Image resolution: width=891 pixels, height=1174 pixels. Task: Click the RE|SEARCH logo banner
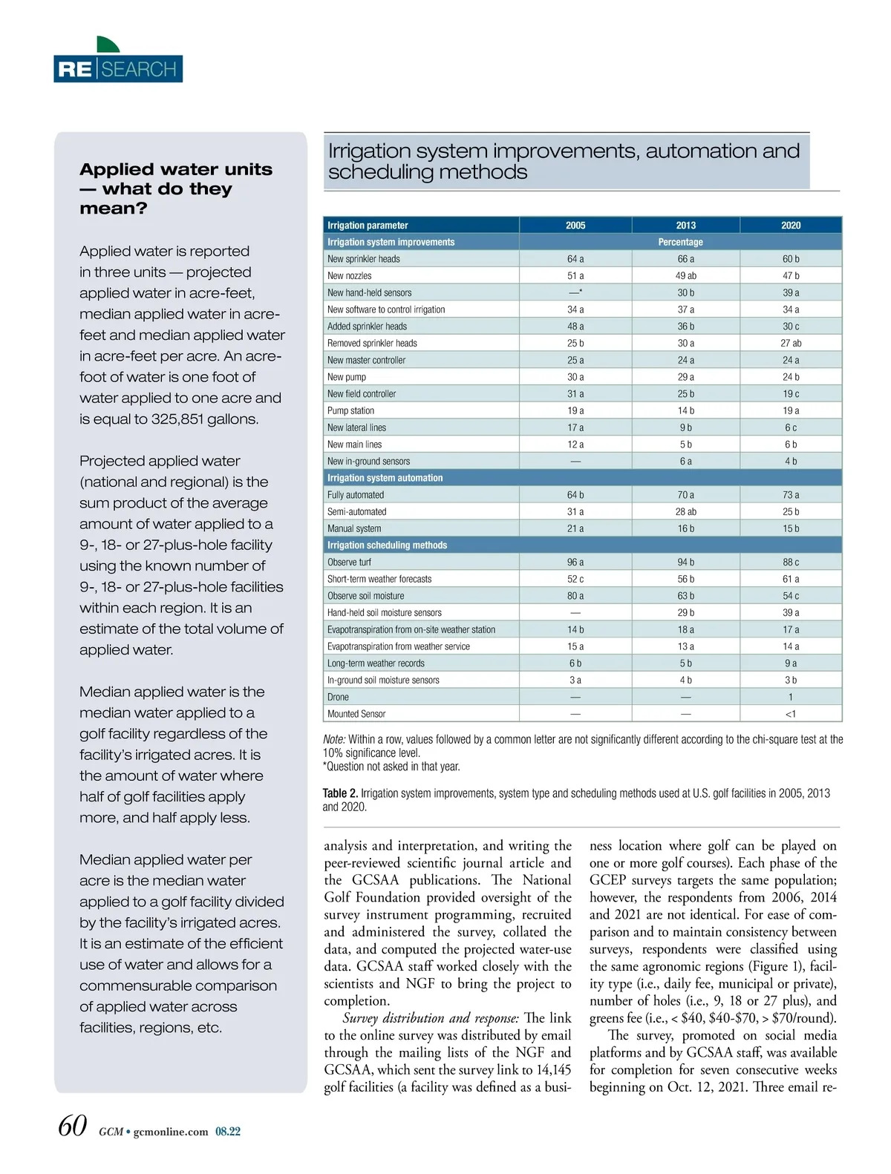pos(118,68)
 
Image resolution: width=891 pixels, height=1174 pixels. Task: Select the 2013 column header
pos(685,225)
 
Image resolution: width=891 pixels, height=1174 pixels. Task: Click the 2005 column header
pos(575,225)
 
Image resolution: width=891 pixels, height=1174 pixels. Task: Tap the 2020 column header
pos(791,225)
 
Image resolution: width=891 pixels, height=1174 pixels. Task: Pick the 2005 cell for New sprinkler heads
pos(575,259)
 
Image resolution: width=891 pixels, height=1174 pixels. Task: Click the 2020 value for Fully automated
pos(791,495)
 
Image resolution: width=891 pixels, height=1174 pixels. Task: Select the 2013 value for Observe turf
pos(685,563)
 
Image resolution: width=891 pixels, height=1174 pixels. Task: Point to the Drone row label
pos(338,698)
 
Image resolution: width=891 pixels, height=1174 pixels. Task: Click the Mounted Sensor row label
pos(356,714)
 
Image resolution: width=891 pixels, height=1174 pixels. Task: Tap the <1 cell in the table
pos(791,714)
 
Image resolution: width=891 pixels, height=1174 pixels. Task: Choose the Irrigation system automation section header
pos(385,478)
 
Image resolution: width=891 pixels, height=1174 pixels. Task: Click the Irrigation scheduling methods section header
pos(387,545)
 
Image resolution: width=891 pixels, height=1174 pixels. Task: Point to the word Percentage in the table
pos(680,242)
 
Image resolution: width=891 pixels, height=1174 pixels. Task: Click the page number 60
pos(73,1126)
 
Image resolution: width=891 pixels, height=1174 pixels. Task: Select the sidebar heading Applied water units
pos(176,170)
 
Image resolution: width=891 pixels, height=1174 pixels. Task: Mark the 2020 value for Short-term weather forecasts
pos(791,579)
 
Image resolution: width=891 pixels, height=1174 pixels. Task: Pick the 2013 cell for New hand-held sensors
pos(685,293)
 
